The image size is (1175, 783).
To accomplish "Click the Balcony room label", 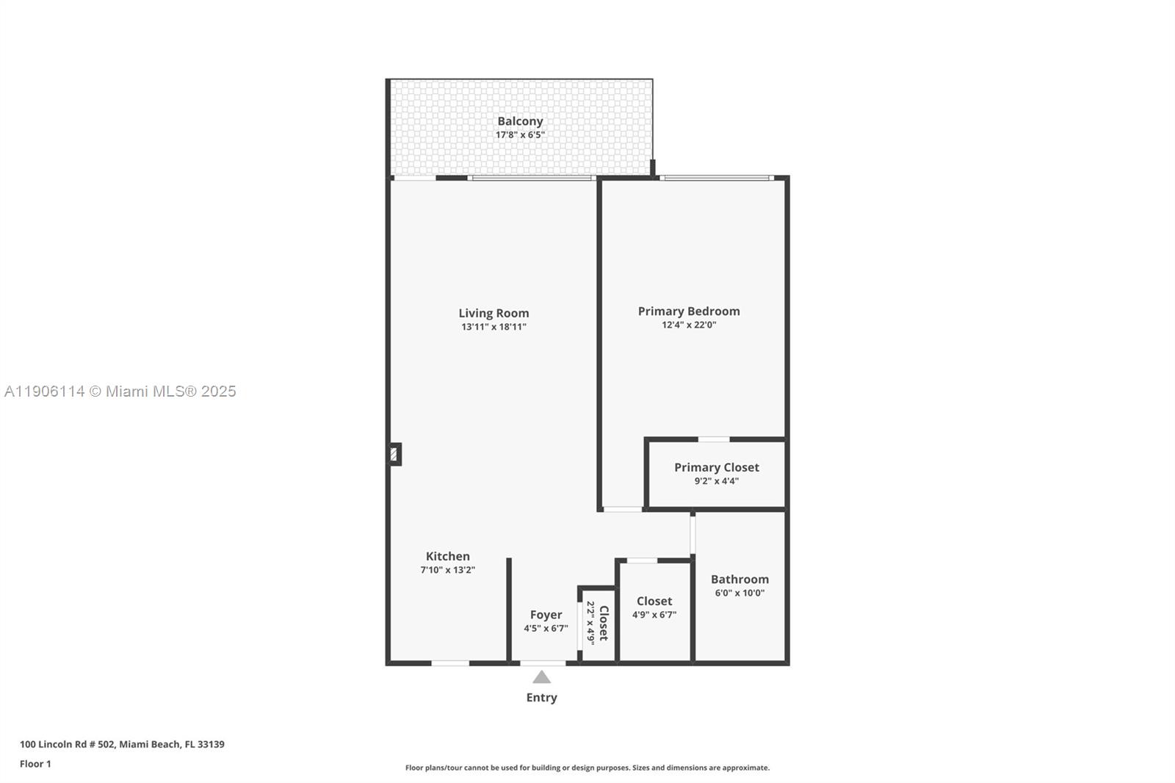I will (x=520, y=121).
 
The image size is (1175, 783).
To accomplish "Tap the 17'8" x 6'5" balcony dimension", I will (x=520, y=135).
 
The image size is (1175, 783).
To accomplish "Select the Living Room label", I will (x=493, y=313).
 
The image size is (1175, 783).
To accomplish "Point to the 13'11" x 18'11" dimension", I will (x=493, y=327).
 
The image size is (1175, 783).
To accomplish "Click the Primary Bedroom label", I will (x=689, y=311).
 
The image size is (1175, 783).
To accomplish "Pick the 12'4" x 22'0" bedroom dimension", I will (x=689, y=325).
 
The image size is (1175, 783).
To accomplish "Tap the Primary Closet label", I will (x=717, y=467).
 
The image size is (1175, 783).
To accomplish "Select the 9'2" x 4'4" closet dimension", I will (x=717, y=481).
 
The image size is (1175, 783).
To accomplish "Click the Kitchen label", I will (x=448, y=556).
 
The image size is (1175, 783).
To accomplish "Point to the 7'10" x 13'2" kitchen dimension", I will (x=448, y=570).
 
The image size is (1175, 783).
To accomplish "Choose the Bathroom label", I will (x=740, y=579).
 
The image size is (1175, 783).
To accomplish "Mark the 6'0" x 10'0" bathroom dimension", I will (x=740, y=593).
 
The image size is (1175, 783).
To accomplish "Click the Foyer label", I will (x=546, y=615).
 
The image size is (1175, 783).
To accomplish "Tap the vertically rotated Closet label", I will (x=604, y=623).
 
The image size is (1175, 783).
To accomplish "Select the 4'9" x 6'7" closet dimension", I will (x=654, y=615).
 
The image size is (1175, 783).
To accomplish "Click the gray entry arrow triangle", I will (x=541, y=677).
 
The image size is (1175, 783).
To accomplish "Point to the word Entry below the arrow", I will (x=541, y=698).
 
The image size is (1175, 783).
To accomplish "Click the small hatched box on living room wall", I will (x=394, y=454).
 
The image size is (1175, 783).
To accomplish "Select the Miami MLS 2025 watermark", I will (x=120, y=391).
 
